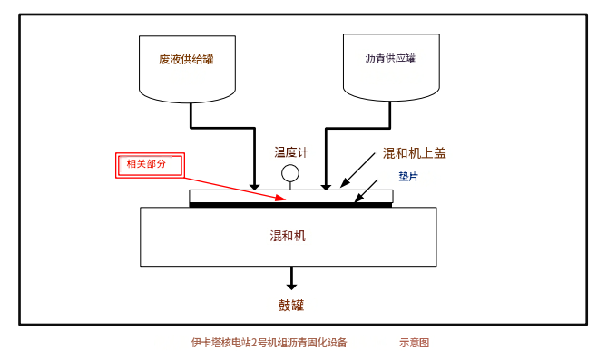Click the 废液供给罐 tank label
click(186, 59)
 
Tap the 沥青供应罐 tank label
click(390, 58)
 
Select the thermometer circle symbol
click(290, 173)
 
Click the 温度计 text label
click(291, 152)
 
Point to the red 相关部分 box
click(151, 165)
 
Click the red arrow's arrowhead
click(280, 198)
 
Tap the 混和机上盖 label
click(415, 153)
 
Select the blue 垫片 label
click(408, 177)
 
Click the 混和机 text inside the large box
click(288, 236)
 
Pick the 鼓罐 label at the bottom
click(291, 305)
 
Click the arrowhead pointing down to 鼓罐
click(291, 286)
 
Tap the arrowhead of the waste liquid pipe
click(254, 187)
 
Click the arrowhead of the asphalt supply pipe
click(326, 187)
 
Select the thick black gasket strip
click(290, 205)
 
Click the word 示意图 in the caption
click(415, 343)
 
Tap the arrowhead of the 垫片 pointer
click(358, 198)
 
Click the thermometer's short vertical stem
click(290, 186)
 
